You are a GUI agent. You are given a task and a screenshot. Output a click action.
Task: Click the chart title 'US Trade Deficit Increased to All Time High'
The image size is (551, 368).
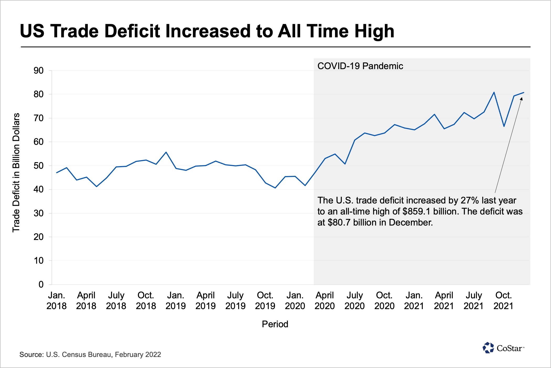[207, 31]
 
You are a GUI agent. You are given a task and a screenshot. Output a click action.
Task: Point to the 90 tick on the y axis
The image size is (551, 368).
[39, 70]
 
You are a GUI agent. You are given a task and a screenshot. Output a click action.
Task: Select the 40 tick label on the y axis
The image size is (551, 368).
[39, 189]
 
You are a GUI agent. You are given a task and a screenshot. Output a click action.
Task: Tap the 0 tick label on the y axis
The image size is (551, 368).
[41, 284]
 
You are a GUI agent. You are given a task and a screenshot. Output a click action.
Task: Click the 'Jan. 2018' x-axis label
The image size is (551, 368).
[56, 300]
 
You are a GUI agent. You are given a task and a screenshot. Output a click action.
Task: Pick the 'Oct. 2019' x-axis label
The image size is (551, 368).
[265, 300]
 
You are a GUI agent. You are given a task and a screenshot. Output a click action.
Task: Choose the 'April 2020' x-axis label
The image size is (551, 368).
[325, 300]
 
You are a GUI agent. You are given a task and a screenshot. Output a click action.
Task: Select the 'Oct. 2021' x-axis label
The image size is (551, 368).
[503, 300]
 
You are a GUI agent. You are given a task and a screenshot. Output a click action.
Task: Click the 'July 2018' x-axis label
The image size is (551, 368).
[116, 300]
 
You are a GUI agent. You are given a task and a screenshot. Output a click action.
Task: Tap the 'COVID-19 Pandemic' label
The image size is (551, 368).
[360, 66]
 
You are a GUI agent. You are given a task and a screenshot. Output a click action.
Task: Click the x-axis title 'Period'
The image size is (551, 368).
[275, 324]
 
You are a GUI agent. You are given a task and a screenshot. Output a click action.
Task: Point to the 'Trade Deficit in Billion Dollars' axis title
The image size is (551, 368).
[16, 172]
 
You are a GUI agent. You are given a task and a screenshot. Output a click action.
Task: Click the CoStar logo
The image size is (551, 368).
[503, 348]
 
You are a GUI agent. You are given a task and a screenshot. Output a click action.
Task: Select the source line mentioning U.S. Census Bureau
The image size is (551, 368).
[90, 355]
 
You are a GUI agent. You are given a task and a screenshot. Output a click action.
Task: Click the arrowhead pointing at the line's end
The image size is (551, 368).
[522, 99]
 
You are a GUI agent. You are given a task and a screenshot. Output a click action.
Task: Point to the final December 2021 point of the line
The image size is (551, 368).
[524, 93]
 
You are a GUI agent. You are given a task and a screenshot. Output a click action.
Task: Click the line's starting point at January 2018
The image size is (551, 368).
[57, 173]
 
